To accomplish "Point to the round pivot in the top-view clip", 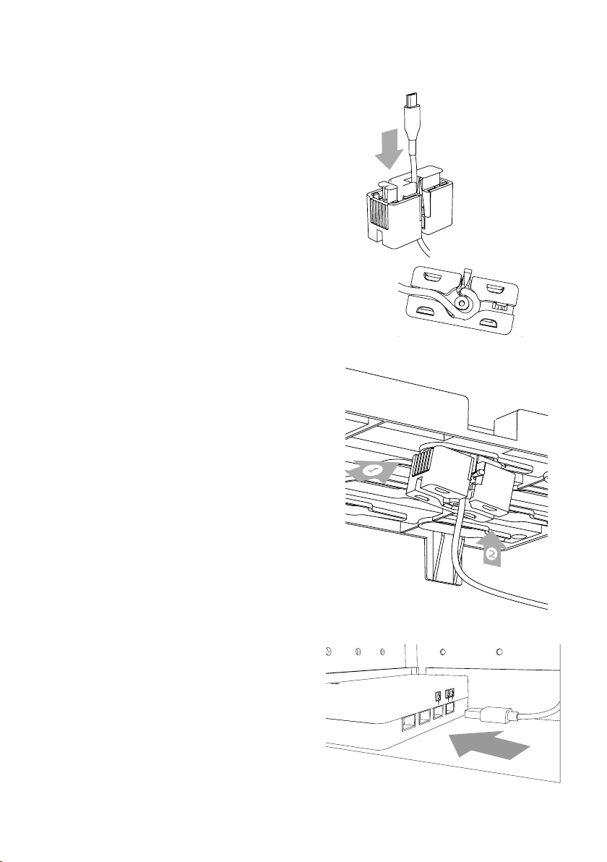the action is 462,302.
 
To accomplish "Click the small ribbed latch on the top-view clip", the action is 500,305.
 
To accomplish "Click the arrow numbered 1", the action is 373,471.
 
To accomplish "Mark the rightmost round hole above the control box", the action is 499,652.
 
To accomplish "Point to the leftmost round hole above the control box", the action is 327,652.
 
